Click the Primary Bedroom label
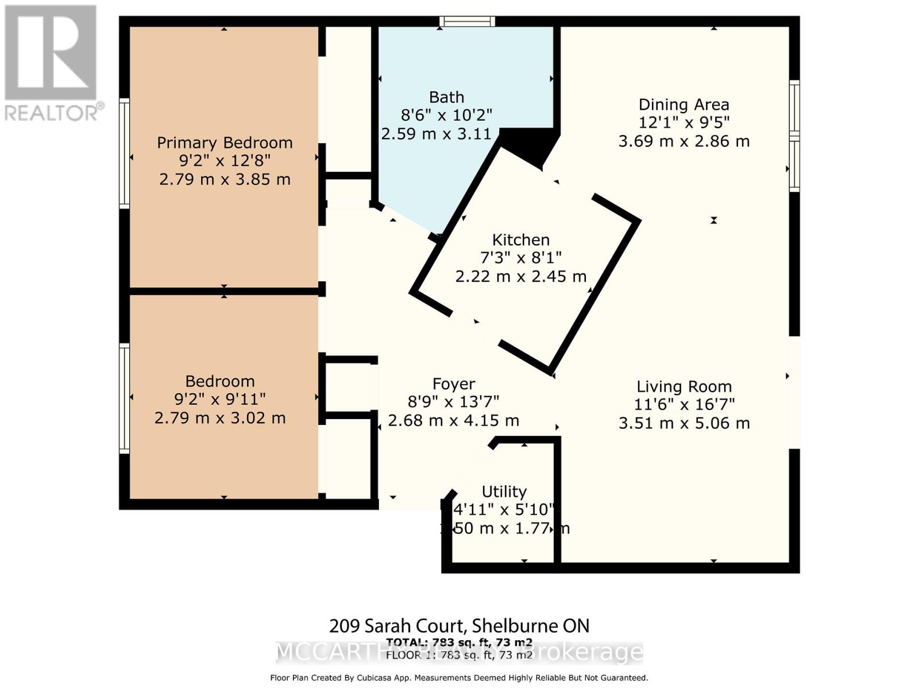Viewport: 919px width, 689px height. [225, 142]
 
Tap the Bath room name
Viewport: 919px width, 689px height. [446, 97]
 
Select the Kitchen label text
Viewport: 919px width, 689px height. [520, 239]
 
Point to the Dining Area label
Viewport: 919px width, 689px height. [684, 104]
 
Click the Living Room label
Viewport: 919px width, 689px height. [684, 386]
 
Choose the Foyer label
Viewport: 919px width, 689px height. [453, 384]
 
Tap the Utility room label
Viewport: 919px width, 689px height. [504, 491]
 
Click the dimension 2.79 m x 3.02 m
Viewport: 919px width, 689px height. [219, 418]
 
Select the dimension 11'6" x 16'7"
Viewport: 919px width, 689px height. [684, 405]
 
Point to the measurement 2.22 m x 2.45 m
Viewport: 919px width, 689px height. [520, 277]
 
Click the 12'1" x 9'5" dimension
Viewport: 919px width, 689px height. [684, 123]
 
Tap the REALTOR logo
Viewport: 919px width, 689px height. [52, 63]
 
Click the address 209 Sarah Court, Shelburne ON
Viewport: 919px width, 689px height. [459, 625]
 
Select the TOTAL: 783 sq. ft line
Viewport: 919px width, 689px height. [459, 642]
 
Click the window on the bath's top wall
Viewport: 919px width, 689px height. [467, 22]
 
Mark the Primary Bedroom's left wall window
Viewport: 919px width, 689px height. [124, 153]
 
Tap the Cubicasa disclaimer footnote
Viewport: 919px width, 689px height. [459, 678]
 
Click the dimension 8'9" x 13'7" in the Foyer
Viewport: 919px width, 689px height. [453, 402]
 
